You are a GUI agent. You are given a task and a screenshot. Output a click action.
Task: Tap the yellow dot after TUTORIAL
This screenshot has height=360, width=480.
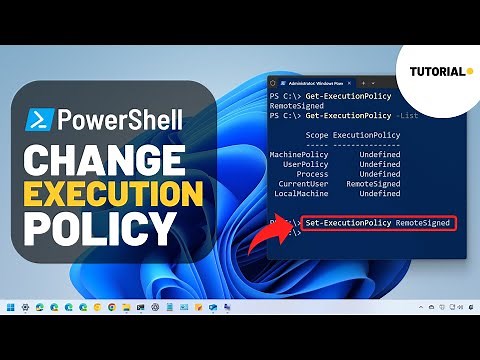[x=469, y=71]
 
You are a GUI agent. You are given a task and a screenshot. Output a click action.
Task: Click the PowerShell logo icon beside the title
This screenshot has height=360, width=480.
[x=38, y=123]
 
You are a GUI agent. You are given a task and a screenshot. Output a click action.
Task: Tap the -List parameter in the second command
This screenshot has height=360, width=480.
[x=399, y=114]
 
